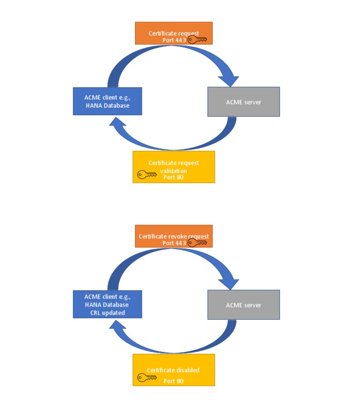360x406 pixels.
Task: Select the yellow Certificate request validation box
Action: tap(173, 166)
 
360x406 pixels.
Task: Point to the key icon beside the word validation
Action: tap(147, 174)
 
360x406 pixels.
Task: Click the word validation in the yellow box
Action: tap(173, 171)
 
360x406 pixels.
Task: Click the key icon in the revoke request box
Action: tap(197, 243)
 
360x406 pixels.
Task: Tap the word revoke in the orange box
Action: tap(180, 236)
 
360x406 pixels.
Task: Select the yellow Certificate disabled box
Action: tap(173, 369)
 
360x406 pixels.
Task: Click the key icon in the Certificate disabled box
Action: tap(147, 377)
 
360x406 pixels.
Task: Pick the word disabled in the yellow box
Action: tap(185, 370)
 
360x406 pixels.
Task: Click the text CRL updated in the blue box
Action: tap(107, 313)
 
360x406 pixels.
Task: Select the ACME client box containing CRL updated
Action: tap(107, 304)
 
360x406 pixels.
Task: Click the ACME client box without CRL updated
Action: tap(107, 101)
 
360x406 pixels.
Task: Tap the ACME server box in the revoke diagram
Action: tap(243, 305)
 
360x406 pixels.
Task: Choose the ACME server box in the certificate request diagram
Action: tap(243, 102)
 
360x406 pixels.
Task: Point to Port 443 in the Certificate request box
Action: tap(173, 40)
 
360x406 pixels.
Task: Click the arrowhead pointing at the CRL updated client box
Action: tap(116, 326)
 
